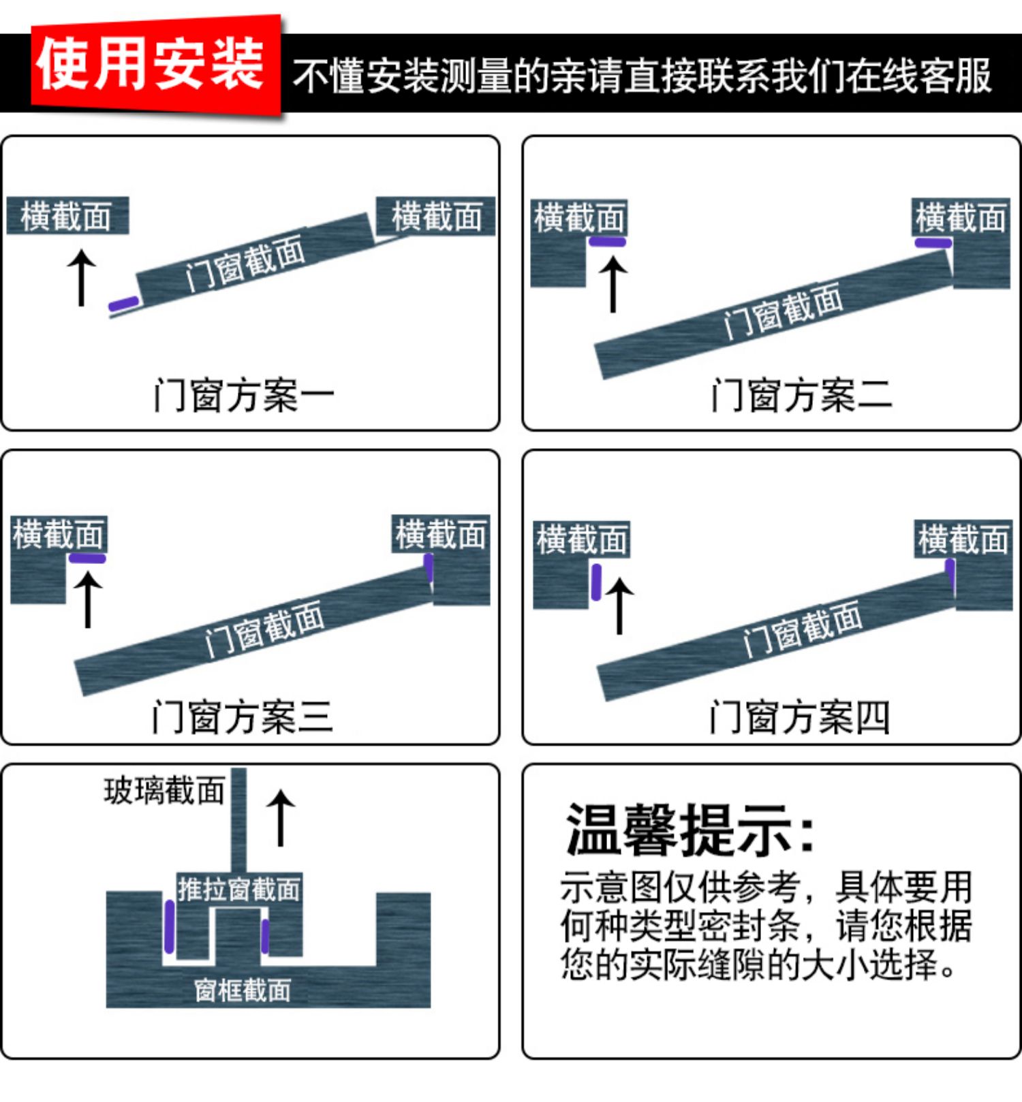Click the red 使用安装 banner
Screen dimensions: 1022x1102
(x=155, y=65)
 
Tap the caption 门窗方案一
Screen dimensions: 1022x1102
(x=244, y=395)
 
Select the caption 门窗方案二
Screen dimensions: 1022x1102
(x=801, y=395)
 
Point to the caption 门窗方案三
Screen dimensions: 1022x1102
(x=243, y=717)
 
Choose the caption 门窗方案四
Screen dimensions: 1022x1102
(x=799, y=717)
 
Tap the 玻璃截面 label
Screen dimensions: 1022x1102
(x=164, y=791)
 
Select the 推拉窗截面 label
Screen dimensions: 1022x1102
(x=238, y=890)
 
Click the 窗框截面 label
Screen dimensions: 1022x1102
(x=243, y=990)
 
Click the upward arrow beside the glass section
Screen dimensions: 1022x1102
(x=280, y=817)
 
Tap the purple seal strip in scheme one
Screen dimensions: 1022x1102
(x=124, y=303)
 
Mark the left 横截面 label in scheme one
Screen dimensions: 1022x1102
(x=67, y=217)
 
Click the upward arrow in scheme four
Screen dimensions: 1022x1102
(x=619, y=605)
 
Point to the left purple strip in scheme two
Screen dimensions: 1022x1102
(x=607, y=242)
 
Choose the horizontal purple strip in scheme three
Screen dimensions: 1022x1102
(x=87, y=558)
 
